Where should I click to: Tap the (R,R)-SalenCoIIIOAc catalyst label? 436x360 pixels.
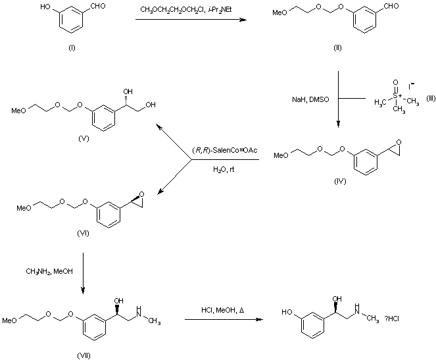coord(224,151)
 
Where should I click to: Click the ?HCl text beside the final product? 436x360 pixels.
coord(396,319)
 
